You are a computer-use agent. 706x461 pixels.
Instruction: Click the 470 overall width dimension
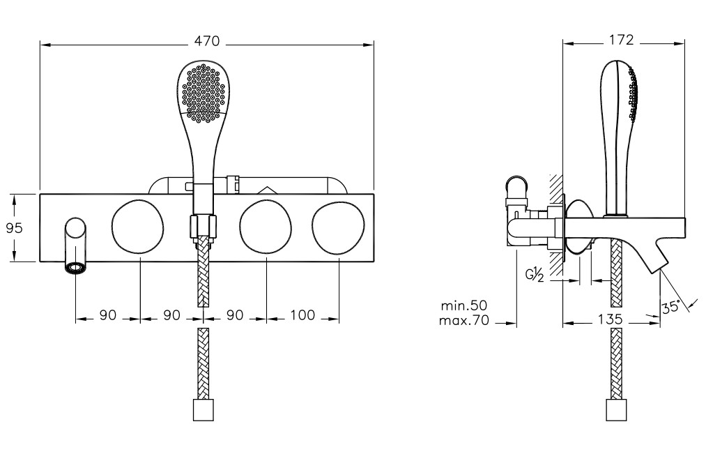pyautogui.click(x=207, y=42)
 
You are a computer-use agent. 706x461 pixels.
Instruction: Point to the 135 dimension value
pyautogui.click(x=610, y=319)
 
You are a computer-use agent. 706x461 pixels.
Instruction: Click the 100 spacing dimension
pyautogui.click(x=302, y=315)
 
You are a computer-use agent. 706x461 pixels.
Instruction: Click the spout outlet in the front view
pyautogui.click(x=75, y=266)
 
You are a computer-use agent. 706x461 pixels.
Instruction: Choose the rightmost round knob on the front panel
pyautogui.click(x=338, y=226)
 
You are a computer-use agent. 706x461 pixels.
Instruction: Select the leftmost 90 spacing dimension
pyautogui.click(x=107, y=315)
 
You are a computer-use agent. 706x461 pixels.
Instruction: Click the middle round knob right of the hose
pyautogui.click(x=266, y=226)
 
